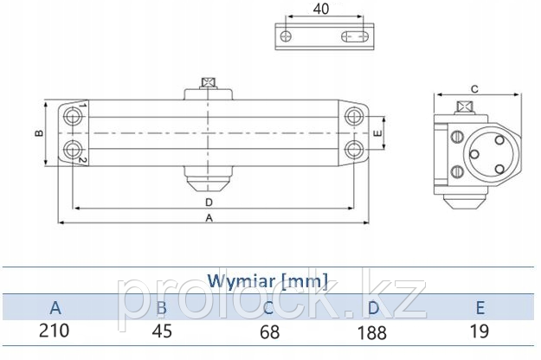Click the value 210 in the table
55,331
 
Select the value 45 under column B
162,331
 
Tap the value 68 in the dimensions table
269,332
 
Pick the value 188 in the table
372,333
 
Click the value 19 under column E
480,331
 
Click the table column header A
55,307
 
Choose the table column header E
480,307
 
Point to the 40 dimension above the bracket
321,9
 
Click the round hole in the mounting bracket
286,36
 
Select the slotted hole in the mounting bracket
355,36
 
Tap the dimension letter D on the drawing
209,202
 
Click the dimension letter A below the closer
209,218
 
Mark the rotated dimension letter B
39,133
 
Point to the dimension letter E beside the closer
378,133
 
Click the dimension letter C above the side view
474,89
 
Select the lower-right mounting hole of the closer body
354,150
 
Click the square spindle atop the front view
209,83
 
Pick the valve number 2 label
82,159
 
